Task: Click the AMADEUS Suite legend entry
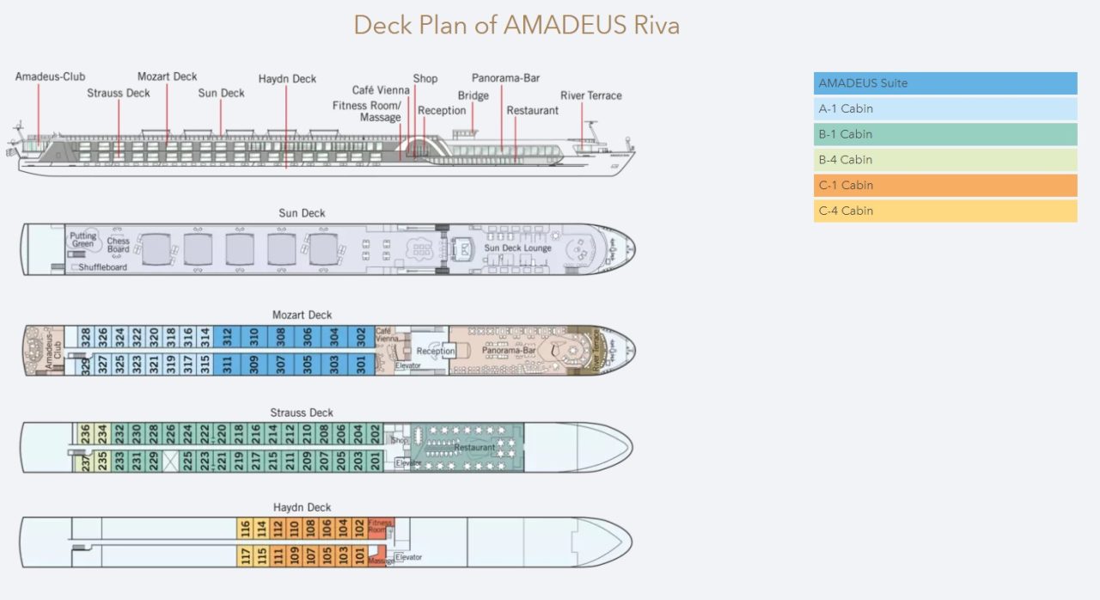click(x=944, y=83)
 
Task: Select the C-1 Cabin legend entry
click(x=944, y=186)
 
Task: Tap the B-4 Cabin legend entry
click(x=944, y=160)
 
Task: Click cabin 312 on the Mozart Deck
click(x=228, y=337)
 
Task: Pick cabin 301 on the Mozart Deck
click(x=361, y=364)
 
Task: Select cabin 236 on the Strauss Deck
click(x=85, y=434)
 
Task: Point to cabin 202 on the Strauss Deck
click(x=375, y=434)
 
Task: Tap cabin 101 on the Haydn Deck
click(x=359, y=556)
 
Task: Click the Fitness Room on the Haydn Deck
click(x=380, y=527)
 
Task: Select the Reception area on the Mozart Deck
click(x=435, y=351)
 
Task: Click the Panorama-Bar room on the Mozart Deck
click(x=509, y=351)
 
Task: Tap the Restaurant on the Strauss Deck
click(x=474, y=447)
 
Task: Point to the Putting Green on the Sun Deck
click(x=83, y=240)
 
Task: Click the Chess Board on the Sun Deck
click(x=119, y=245)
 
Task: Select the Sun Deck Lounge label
click(x=517, y=248)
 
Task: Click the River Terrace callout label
click(x=590, y=95)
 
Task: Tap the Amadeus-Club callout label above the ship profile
click(x=50, y=77)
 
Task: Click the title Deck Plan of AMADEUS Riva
click(x=516, y=25)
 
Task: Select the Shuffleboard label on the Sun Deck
click(x=103, y=267)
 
